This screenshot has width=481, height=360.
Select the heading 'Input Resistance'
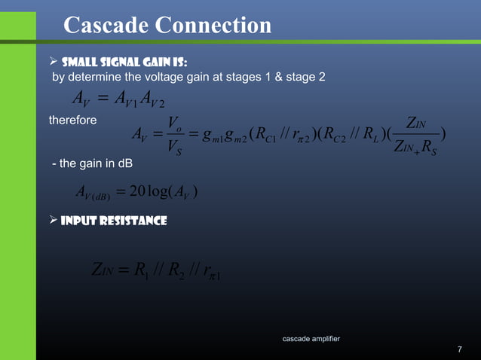113,221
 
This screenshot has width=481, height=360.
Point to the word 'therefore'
72,121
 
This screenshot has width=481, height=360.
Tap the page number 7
460,350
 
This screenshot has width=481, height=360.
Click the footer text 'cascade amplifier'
311,338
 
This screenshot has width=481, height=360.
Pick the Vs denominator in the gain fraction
173,148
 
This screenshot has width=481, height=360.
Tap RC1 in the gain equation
265,136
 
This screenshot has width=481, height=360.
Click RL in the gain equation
379,136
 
